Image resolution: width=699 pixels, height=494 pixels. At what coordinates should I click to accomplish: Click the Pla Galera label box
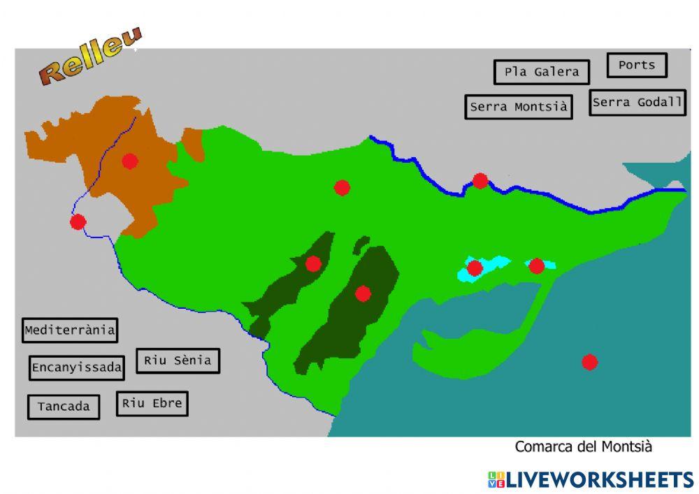(x=542, y=72)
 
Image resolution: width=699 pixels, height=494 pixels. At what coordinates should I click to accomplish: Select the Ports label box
(x=637, y=65)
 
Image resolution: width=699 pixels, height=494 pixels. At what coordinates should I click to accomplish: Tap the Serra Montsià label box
(x=518, y=107)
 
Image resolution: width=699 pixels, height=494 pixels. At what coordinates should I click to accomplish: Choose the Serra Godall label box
(x=637, y=103)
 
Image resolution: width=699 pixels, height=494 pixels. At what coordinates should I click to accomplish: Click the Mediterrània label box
(x=69, y=330)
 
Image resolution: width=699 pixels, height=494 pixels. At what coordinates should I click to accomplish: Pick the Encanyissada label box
(x=77, y=368)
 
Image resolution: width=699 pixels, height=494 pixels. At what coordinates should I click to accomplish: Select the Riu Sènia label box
(x=178, y=361)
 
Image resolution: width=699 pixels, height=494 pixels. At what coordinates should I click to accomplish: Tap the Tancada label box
(x=64, y=407)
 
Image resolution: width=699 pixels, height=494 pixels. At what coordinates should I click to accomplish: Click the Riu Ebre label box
(x=152, y=403)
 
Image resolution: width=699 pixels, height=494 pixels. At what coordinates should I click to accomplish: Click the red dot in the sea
(x=590, y=362)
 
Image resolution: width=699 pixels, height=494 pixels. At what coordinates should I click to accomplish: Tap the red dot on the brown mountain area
(x=129, y=161)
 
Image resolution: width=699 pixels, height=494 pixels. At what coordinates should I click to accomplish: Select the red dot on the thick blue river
(x=480, y=181)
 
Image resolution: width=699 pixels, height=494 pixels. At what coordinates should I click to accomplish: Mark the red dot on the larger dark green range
(x=362, y=293)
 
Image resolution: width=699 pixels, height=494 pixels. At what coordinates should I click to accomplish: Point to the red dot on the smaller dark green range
(x=313, y=263)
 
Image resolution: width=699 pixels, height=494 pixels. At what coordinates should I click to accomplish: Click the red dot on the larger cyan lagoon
(x=475, y=268)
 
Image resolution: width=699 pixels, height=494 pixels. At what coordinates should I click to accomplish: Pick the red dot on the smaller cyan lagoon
(x=536, y=266)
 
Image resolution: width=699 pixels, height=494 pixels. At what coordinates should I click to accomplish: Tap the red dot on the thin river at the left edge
(x=78, y=222)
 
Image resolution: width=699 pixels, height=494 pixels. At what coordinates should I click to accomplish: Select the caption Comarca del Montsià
(x=583, y=446)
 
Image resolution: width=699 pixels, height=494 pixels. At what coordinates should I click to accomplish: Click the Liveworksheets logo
(x=591, y=479)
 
